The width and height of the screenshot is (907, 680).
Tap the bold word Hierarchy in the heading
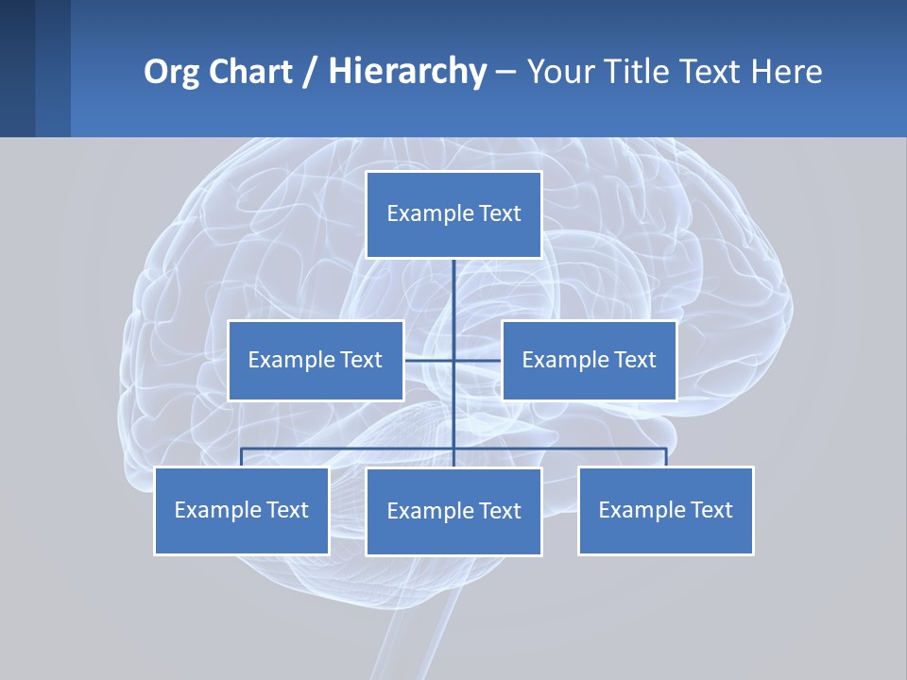(x=407, y=72)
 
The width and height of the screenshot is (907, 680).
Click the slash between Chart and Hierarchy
(x=310, y=72)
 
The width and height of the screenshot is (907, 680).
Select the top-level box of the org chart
(x=453, y=214)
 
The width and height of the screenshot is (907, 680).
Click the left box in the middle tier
(x=316, y=360)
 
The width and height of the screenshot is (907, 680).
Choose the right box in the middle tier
(x=589, y=360)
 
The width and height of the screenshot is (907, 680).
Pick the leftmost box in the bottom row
(x=241, y=510)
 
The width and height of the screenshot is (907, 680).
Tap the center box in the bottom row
(x=453, y=511)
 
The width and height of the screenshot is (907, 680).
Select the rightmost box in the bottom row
(x=665, y=510)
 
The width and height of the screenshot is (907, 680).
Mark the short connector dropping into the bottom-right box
(x=666, y=457)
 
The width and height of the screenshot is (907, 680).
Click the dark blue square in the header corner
(x=17, y=68)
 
